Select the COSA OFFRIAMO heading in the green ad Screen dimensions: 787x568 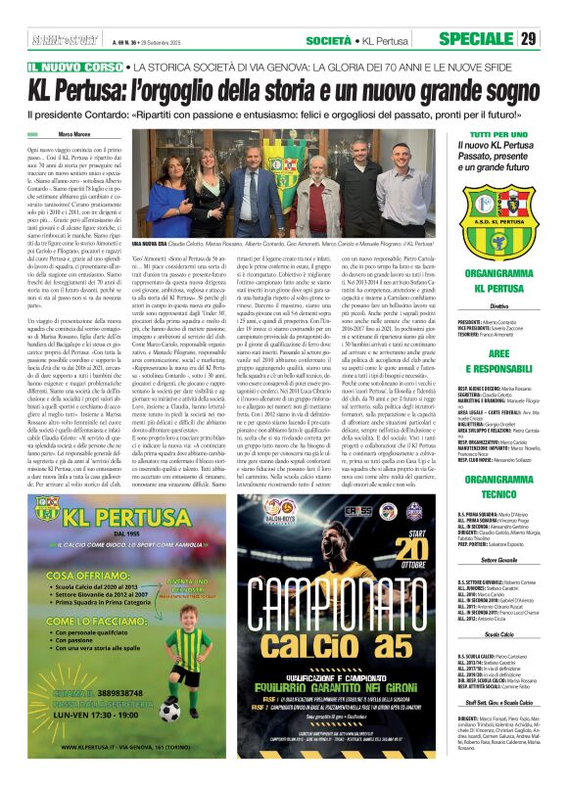[89, 574]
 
